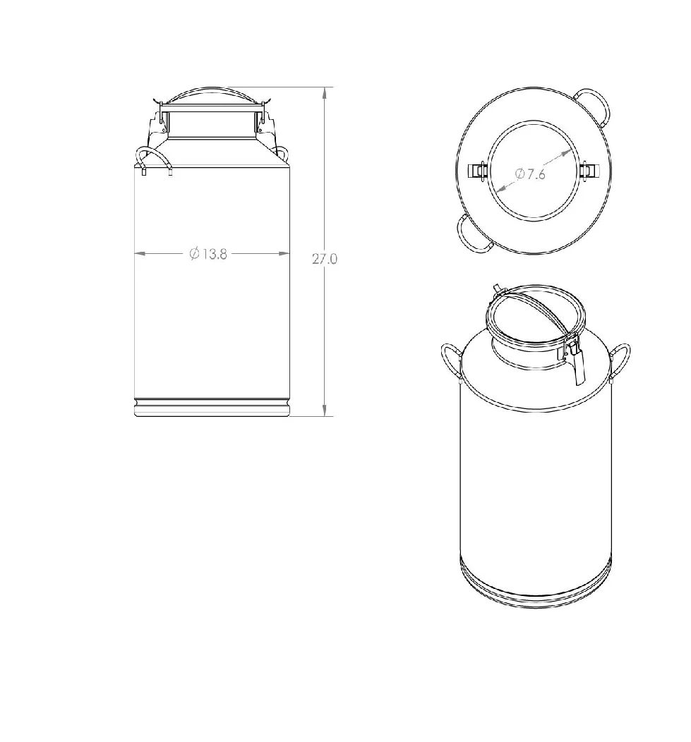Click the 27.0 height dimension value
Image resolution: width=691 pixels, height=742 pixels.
(325, 259)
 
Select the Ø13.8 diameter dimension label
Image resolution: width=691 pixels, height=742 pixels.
(208, 254)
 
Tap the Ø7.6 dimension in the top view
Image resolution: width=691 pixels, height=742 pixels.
(530, 174)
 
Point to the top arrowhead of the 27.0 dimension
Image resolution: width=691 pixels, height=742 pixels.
(325, 92)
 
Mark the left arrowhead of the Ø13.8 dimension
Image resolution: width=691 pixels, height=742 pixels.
(140, 254)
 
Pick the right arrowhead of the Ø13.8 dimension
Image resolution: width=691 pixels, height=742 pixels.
(284, 254)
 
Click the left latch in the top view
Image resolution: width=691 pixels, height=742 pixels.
(479, 170)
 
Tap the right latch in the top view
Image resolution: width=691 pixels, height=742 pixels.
(588, 170)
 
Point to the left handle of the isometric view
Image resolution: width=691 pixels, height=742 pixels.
(450, 360)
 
